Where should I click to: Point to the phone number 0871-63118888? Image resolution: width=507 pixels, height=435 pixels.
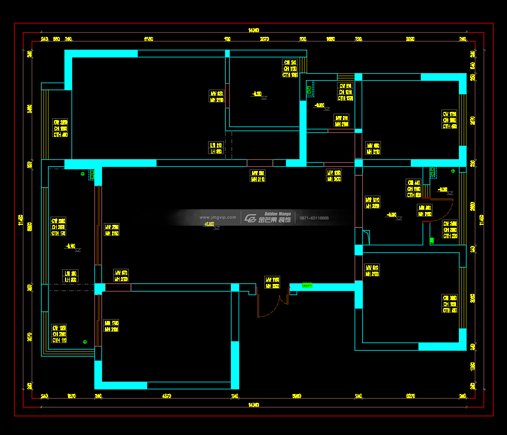tap(314, 218)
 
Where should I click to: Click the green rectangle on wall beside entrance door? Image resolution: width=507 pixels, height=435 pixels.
tap(307, 286)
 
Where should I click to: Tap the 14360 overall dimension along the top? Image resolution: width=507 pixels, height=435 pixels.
tap(253, 30)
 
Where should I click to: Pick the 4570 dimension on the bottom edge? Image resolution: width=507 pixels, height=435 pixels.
tap(166, 396)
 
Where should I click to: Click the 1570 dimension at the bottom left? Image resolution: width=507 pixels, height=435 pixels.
tap(72, 396)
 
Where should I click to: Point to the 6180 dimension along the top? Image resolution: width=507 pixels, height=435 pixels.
tap(148, 39)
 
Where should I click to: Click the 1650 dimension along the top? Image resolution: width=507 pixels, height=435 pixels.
tap(331, 39)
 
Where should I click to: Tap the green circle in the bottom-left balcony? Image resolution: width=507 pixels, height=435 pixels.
tap(85, 341)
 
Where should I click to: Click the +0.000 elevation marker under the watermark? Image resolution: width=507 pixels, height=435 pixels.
tap(209, 225)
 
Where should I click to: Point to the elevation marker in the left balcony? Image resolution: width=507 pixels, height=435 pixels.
tap(72, 247)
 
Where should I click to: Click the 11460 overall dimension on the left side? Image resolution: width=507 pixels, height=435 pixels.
tap(21, 220)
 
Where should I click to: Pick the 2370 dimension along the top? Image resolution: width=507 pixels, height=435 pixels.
tap(264, 39)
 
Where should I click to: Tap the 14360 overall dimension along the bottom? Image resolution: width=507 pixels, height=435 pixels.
tap(253, 405)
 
